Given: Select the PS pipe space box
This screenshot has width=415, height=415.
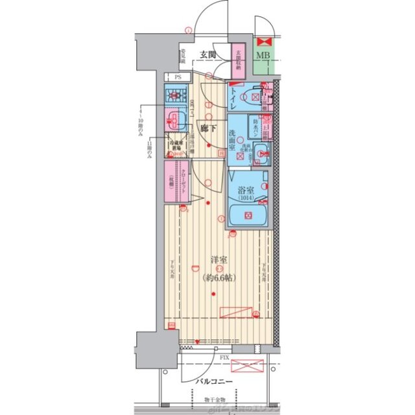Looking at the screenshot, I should click(x=177, y=76).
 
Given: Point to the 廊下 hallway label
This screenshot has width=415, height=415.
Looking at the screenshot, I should click(x=208, y=128).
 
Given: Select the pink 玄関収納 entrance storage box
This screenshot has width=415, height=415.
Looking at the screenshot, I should click(x=238, y=60).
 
